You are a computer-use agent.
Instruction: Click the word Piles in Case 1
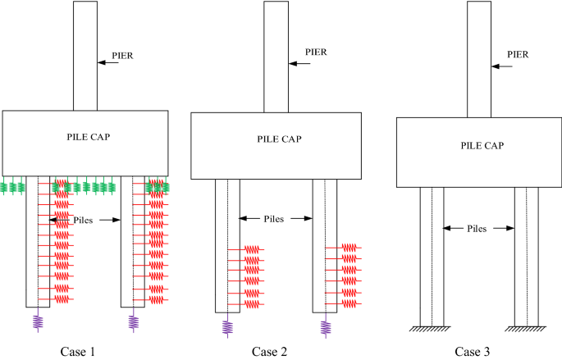(x=85, y=219)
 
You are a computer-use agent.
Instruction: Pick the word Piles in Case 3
(x=478, y=230)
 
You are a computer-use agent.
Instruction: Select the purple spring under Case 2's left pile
(x=228, y=327)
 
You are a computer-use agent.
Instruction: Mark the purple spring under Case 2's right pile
(x=325, y=327)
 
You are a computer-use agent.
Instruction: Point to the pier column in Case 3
(x=479, y=57)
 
